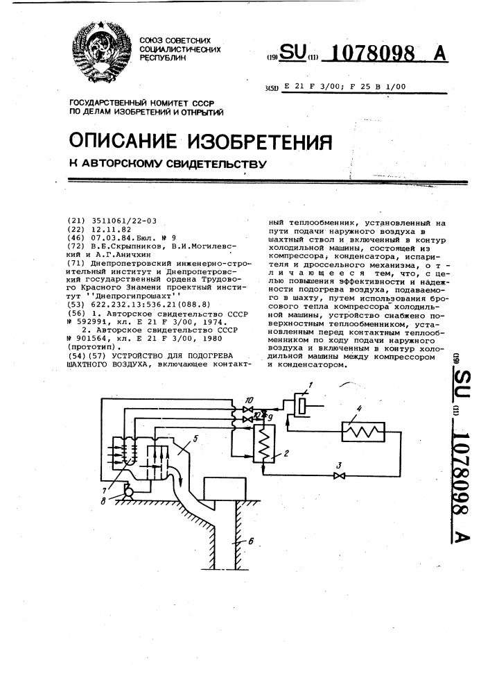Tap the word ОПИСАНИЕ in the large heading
123,141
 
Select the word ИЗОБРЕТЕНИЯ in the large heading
260,141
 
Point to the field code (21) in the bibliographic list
75,221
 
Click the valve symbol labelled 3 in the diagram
340,475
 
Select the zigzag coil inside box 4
363,431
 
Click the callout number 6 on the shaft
251,541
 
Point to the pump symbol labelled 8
130,491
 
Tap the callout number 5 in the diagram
195,439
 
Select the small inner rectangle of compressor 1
301,405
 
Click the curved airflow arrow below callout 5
180,475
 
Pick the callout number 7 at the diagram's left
104,490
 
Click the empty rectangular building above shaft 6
224,489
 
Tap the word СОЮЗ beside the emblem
152,40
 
